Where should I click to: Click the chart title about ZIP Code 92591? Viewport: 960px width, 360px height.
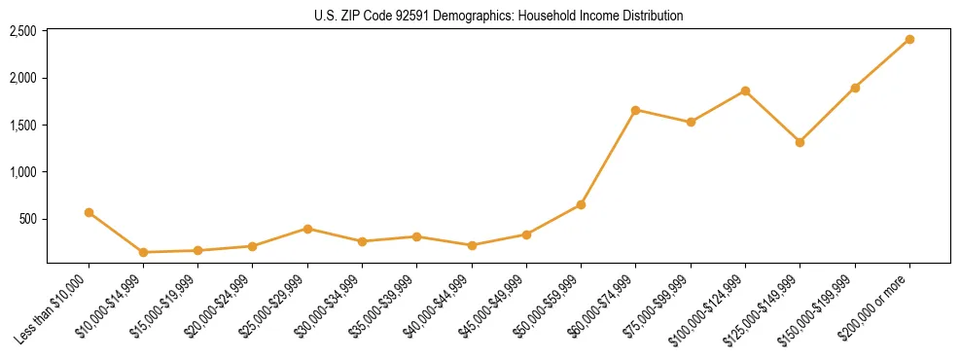[498, 16]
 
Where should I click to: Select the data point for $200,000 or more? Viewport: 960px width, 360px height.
[909, 40]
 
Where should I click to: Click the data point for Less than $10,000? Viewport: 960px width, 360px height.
[89, 212]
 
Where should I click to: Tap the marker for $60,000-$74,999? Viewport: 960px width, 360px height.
[635, 110]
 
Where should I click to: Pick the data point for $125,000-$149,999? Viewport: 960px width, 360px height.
[800, 142]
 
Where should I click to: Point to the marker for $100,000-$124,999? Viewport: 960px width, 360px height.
[745, 90]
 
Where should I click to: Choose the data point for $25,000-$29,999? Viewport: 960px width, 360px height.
[307, 229]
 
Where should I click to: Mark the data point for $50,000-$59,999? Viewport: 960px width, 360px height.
[581, 204]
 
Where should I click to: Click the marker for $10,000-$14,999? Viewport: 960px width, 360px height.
[143, 252]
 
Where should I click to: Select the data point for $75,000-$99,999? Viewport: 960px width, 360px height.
[691, 122]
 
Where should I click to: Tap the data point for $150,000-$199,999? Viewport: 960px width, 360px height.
[855, 88]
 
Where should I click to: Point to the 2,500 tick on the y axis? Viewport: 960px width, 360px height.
[23, 31]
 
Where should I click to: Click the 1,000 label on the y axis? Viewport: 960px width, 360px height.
[23, 172]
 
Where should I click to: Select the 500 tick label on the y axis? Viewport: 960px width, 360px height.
[28, 219]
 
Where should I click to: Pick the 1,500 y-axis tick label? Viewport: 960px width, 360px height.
[23, 126]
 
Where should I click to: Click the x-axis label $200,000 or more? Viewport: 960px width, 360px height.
[877, 304]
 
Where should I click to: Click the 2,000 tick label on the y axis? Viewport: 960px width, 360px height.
[23, 78]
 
